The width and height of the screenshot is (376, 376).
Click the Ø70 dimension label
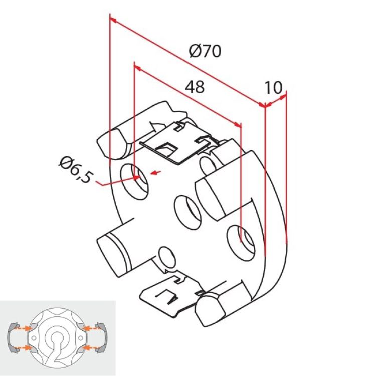[205, 51]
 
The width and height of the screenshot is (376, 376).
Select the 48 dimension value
[195, 87]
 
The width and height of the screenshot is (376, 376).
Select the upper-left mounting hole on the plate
[135, 178]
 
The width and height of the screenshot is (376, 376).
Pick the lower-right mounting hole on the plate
[242, 240]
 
